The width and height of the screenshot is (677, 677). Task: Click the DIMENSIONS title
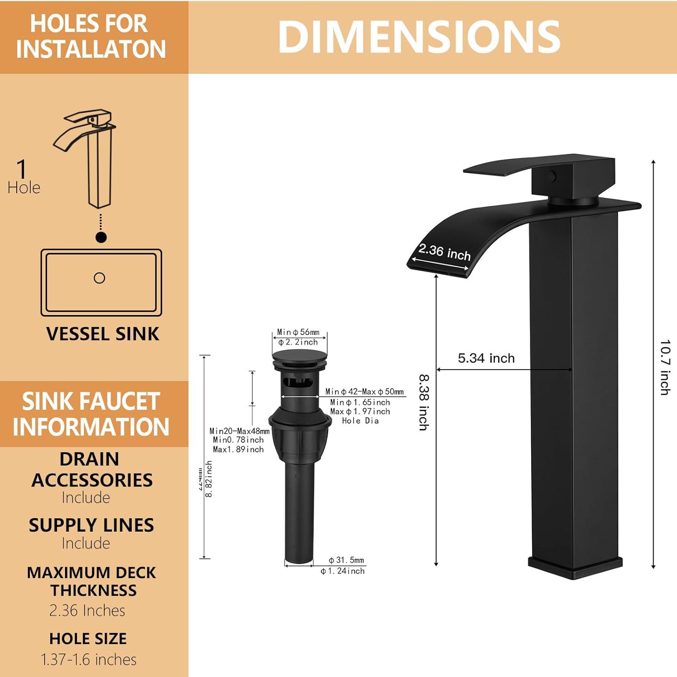pos(419,37)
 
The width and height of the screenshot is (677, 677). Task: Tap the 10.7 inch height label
pos(664,367)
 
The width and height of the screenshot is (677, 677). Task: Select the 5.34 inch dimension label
pos(486,358)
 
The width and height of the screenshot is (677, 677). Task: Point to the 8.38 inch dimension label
pos(424,402)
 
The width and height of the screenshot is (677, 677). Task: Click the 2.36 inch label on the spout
pos(445,252)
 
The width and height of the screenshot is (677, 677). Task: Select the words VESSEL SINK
pos(102,334)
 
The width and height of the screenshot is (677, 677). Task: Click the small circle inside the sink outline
pos(99,278)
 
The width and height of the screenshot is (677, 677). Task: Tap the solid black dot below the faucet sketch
pos(101,237)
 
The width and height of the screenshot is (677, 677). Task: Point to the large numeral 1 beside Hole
pos(21,169)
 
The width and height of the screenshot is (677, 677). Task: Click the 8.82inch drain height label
pos(209,479)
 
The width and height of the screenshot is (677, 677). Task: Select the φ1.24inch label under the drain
pos(343,571)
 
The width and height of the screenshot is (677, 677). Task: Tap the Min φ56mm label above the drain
pos(298,332)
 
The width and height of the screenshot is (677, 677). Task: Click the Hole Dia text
pos(360,421)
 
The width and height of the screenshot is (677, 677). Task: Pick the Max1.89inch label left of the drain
pos(238,450)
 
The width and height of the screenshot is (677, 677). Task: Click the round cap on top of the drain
pos(299,355)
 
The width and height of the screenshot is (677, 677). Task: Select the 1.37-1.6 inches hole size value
pos(89,659)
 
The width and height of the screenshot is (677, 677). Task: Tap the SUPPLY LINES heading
pos(92,525)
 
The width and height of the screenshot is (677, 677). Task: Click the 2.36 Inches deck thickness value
pos(87,610)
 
